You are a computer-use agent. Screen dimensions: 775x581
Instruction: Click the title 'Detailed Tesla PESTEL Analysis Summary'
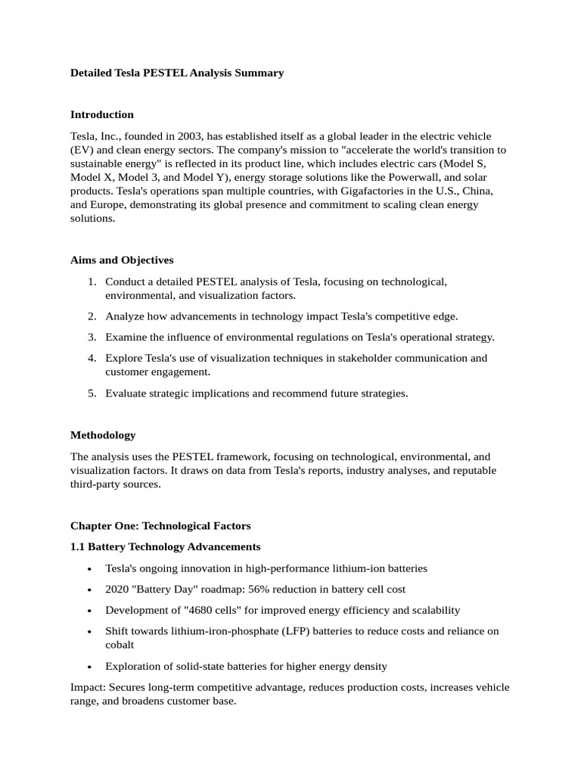(x=177, y=73)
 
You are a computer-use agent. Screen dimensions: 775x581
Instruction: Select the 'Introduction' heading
(x=102, y=115)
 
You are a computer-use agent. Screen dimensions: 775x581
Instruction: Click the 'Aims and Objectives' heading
(x=122, y=260)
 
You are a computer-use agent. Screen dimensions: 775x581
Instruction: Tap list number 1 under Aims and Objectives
(x=92, y=282)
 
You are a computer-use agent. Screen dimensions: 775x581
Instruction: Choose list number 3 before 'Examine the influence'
(x=92, y=337)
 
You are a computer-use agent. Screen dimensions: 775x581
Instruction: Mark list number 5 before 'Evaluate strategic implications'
(x=92, y=394)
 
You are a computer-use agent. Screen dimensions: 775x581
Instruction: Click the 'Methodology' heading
(x=103, y=435)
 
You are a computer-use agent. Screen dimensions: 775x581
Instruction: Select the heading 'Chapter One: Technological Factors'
(x=160, y=525)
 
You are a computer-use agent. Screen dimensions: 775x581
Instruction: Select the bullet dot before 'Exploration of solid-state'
(x=90, y=667)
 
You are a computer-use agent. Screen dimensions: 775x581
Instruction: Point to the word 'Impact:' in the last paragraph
(x=88, y=687)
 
